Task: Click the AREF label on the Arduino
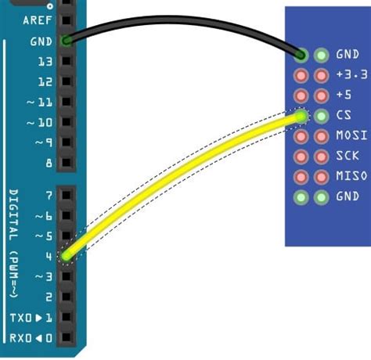[37, 20]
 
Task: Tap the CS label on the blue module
[344, 116]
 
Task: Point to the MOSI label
[351, 136]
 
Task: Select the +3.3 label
[351, 75]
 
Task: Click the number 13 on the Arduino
[44, 61]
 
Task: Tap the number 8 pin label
[49, 164]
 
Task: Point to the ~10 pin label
[40, 123]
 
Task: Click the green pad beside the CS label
[321, 116]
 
